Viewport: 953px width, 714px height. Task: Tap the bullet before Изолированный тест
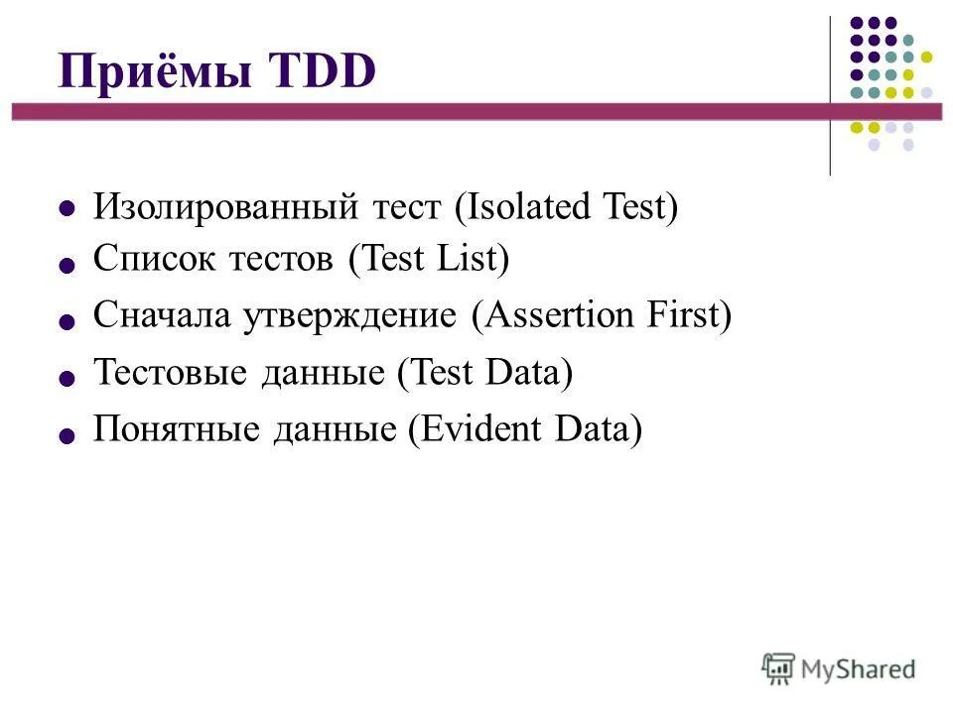[68, 209]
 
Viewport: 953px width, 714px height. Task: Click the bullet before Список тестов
[68, 265]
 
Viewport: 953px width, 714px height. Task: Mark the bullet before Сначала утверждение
[68, 321]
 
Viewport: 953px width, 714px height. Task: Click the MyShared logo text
[859, 668]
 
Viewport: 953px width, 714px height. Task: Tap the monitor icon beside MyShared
[779, 667]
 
